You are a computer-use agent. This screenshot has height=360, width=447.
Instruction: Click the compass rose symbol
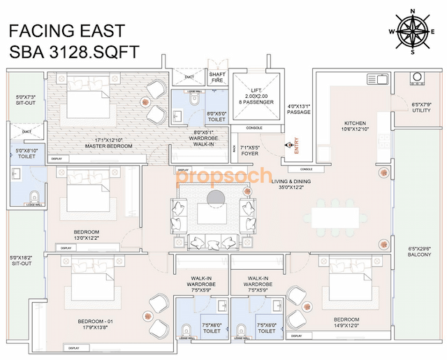[x=410, y=31]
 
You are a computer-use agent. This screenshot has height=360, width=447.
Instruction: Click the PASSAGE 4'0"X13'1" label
[x=298, y=109]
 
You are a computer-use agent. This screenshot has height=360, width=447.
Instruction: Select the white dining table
[x=336, y=214]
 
